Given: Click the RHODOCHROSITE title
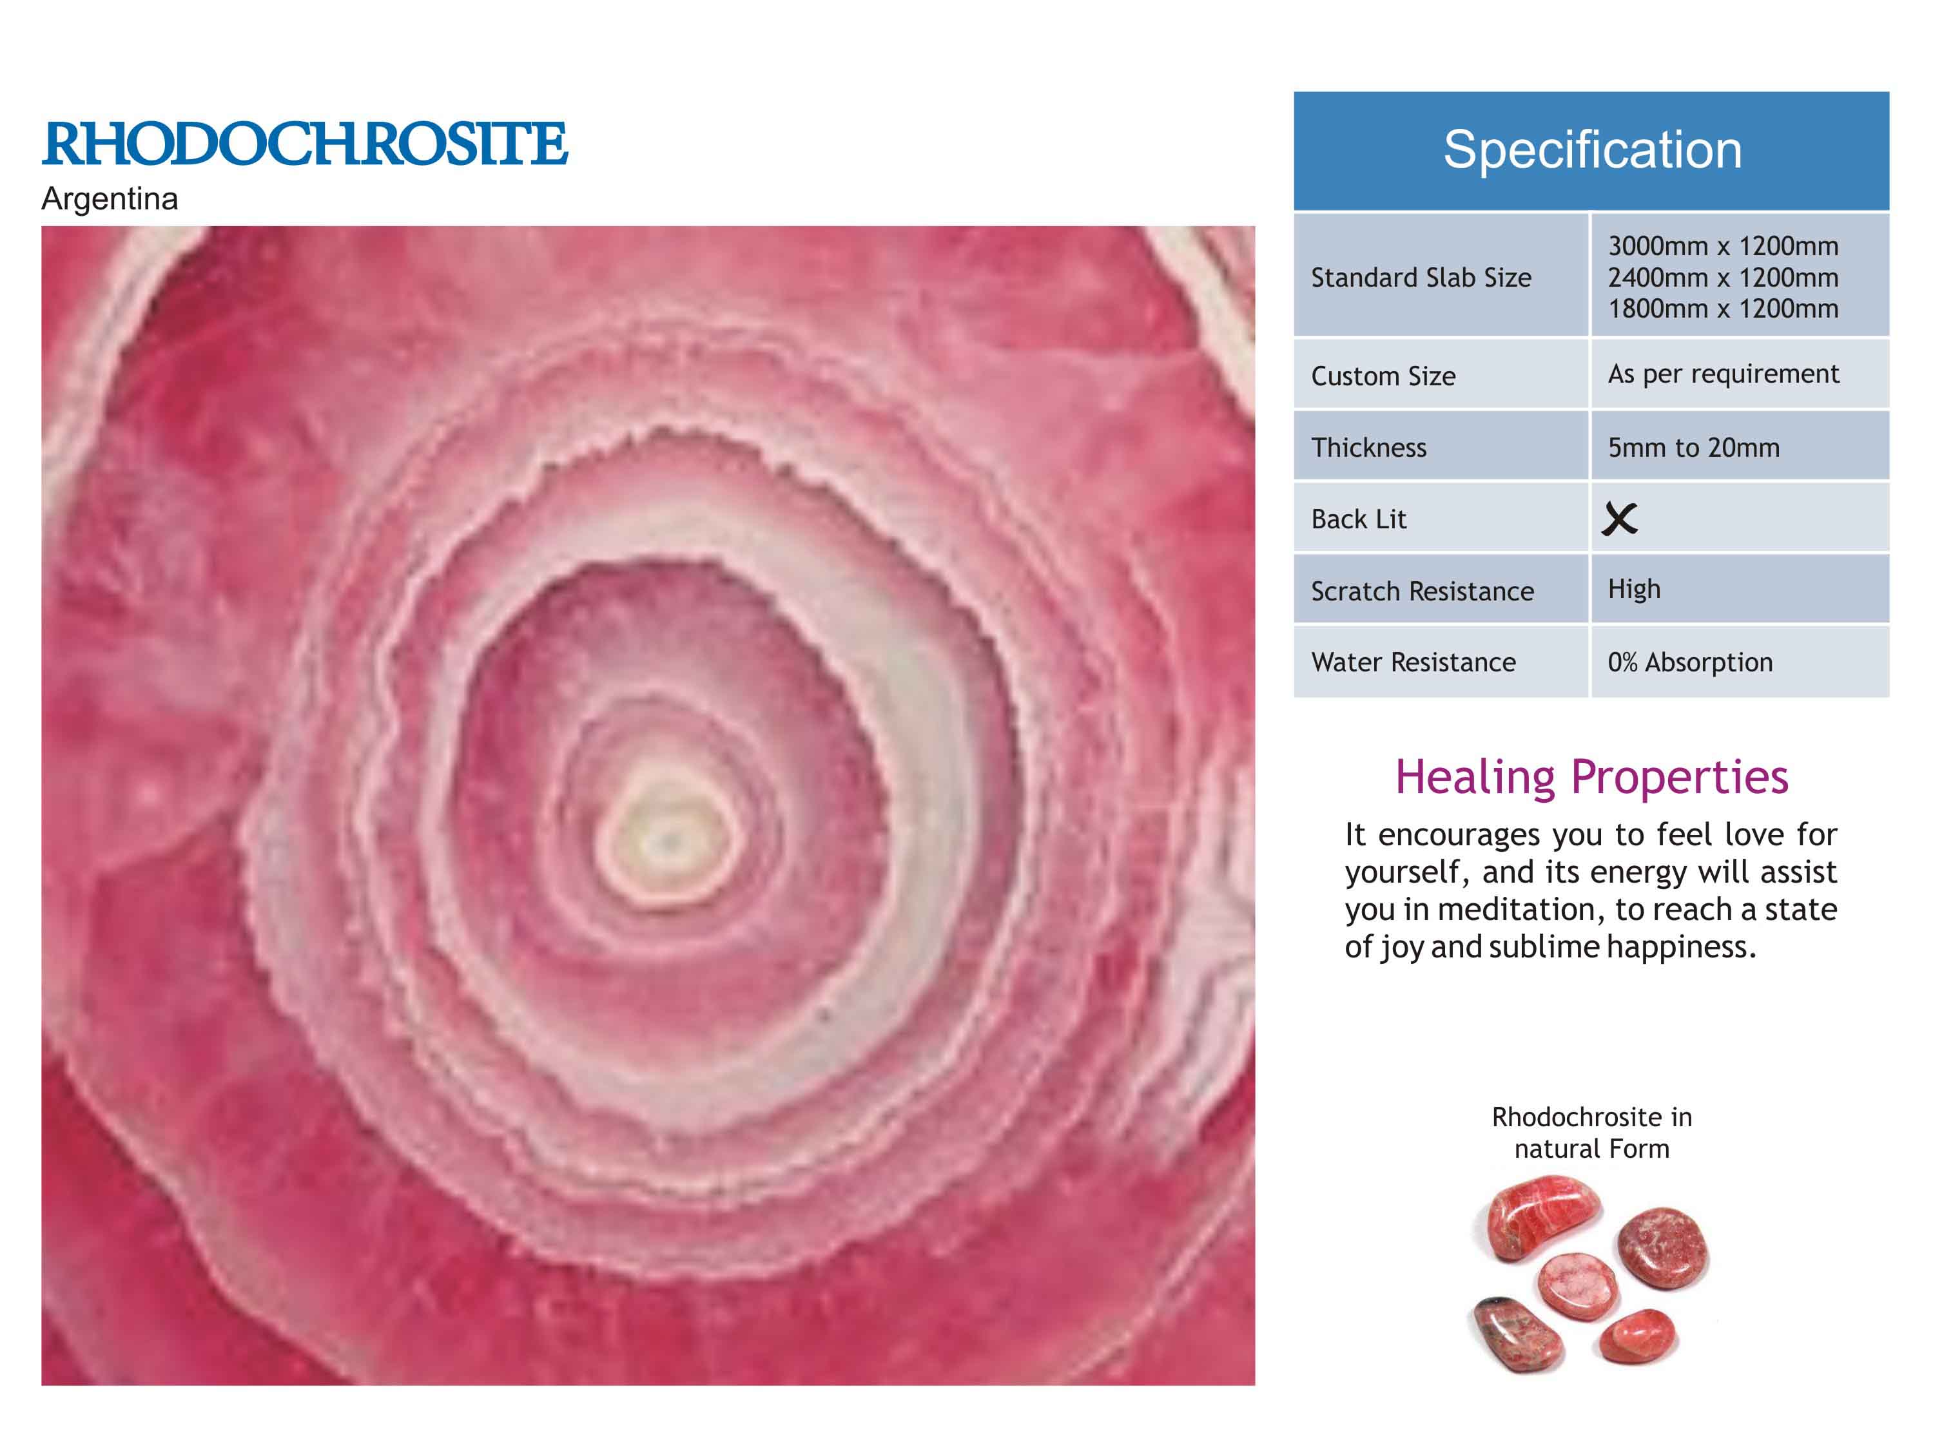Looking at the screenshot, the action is pos(305,144).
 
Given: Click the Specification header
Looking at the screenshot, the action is pos(1592,149).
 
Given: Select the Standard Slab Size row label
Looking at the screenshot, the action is pos(1421,278).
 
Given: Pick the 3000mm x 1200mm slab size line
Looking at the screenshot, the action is pos(1724,246).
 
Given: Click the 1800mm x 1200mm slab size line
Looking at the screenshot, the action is pos(1724,309).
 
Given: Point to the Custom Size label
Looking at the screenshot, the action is pos(1383,376).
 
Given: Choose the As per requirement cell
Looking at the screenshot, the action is pos(1724,374).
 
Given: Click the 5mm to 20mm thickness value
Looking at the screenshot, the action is pos(1694,448).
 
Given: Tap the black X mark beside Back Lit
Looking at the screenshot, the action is pos(1619,519).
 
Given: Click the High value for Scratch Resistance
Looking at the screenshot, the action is pos(1634,590).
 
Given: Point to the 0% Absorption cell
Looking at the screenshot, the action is pos(1690,662).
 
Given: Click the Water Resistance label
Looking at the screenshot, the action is pos(1413,662).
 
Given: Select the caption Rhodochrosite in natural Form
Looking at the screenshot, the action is pos(1591,1132).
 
